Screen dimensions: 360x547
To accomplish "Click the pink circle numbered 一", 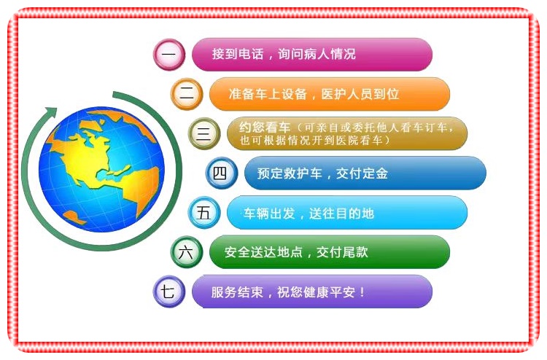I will point(169,55).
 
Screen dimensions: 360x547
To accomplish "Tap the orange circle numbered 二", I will point(187,93).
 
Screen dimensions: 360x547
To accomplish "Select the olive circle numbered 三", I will point(203,133).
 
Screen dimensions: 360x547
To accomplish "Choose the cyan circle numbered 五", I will point(203,214).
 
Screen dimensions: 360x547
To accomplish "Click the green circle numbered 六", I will point(187,252).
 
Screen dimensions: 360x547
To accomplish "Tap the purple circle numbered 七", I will point(168,291).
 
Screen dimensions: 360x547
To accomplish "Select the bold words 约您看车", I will point(259,127).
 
